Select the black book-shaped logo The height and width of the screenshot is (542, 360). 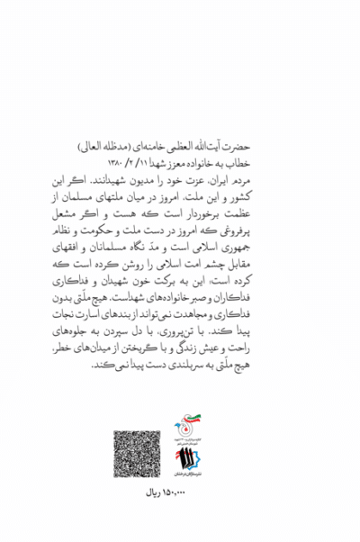point(191,463)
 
